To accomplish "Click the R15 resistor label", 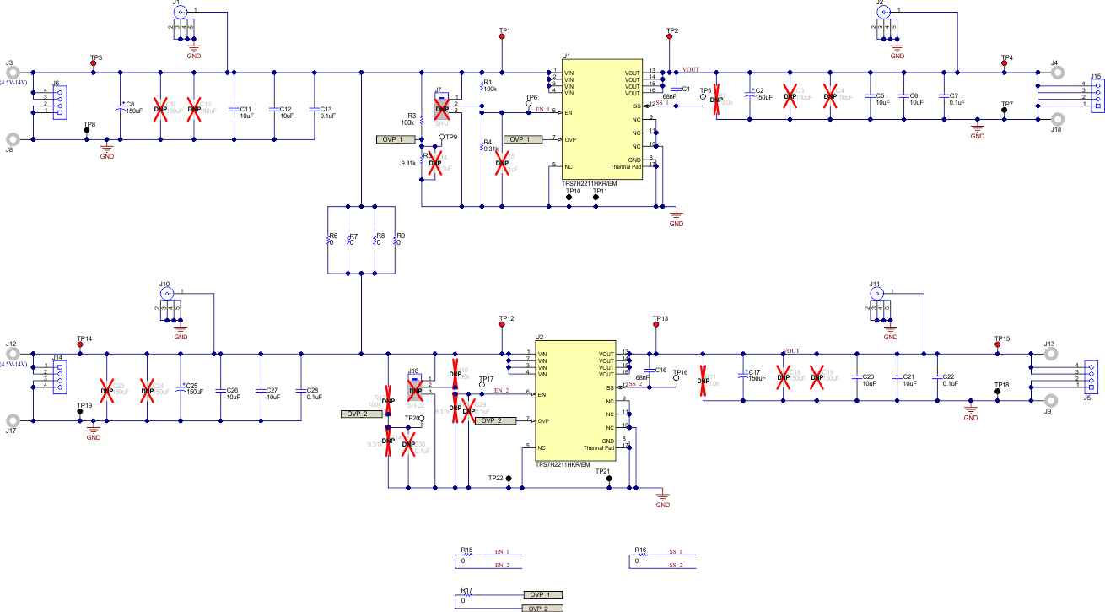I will click(466, 549).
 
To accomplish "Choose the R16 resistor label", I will click(640, 549).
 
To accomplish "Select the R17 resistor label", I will click(466, 589).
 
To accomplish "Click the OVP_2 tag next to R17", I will click(541, 608).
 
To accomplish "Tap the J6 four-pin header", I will click(59, 102).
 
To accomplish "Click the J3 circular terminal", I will click(13, 73).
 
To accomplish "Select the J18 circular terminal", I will click(1055, 118).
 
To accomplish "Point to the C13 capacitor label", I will click(326, 109).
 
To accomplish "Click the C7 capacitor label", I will click(954, 95).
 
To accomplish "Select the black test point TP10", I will click(569, 198).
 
